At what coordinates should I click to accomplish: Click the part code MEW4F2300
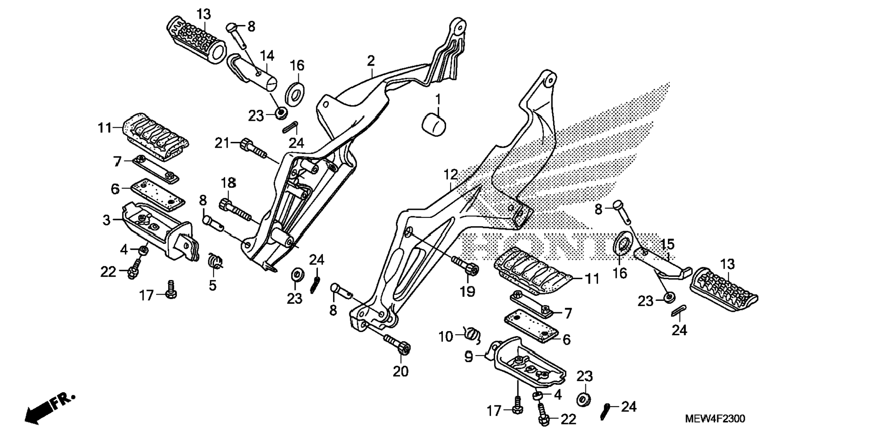click(715, 419)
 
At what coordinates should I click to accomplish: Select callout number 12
click(451, 174)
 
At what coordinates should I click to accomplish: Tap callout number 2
click(371, 60)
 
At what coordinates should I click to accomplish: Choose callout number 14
click(267, 56)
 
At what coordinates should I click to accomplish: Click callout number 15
click(667, 244)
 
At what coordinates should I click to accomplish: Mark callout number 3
click(106, 220)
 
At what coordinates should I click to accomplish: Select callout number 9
click(468, 357)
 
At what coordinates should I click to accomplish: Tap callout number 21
click(222, 143)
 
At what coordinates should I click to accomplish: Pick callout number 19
click(467, 291)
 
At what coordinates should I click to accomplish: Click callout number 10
click(446, 337)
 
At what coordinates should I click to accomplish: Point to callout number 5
click(212, 286)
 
